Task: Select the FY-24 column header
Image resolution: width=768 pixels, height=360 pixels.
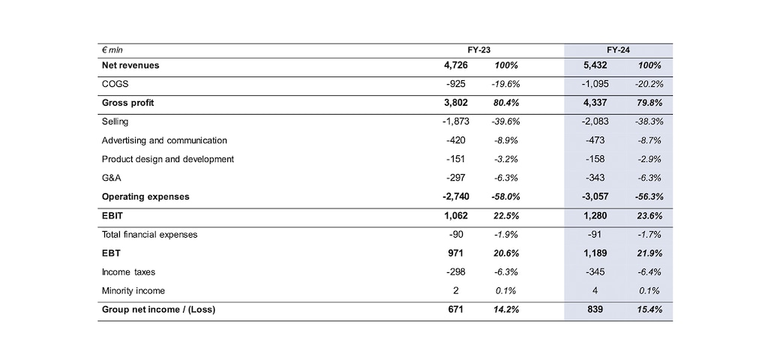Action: pyautogui.click(x=618, y=49)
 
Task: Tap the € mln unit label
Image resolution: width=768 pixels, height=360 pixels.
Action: pyautogui.click(x=112, y=49)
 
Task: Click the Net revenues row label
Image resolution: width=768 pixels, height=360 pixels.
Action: pyautogui.click(x=130, y=65)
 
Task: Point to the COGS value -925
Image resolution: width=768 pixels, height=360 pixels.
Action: pyautogui.click(x=455, y=84)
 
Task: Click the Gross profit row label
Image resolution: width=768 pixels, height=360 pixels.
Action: pyautogui.click(x=127, y=103)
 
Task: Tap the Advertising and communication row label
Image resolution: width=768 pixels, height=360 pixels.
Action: pyautogui.click(x=164, y=140)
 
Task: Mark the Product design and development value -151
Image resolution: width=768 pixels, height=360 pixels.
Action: pyautogui.click(x=455, y=159)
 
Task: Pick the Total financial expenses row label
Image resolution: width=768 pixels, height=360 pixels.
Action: pyautogui.click(x=149, y=234)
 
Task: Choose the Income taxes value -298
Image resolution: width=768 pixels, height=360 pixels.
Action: pyautogui.click(x=455, y=271)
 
